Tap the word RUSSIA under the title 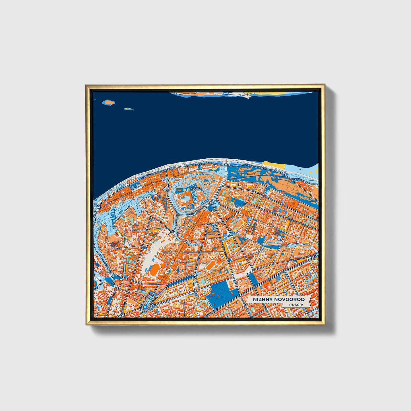click(x=296, y=305)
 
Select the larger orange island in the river click(x=108, y=102)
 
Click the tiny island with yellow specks click(x=129, y=108)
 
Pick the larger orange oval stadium click(x=155, y=269)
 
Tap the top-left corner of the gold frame click(x=86, y=85)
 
